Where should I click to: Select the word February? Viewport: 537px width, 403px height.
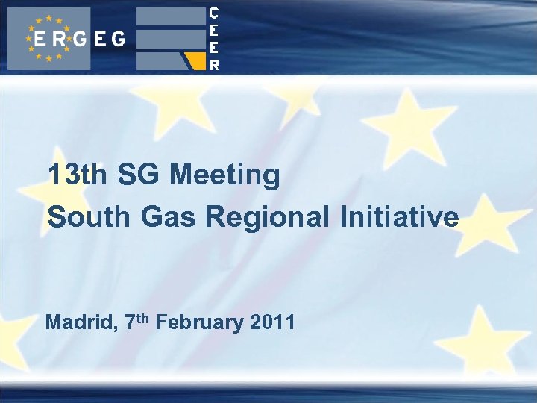201,323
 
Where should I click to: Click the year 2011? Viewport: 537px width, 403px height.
273,323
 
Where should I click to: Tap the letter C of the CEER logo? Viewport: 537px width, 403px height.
214,13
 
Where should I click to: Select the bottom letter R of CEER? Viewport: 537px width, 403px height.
214,64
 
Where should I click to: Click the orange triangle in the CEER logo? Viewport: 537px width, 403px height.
197,60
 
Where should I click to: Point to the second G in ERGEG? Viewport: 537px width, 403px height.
118,39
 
